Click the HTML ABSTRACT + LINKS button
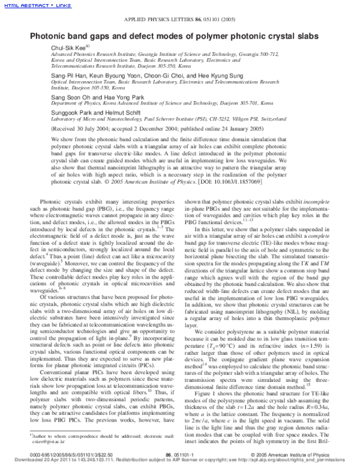click(x=30, y=5)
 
